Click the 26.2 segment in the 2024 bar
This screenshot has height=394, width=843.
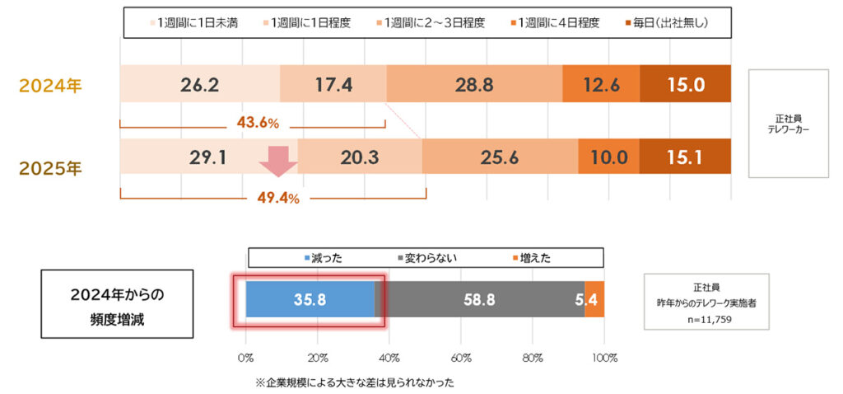click(199, 83)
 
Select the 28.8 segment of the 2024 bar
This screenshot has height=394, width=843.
click(473, 83)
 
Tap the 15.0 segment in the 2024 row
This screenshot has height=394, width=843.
click(685, 83)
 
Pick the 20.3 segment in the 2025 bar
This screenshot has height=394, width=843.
click(359, 157)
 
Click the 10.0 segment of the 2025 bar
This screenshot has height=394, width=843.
click(608, 157)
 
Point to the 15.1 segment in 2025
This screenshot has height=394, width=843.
click(685, 157)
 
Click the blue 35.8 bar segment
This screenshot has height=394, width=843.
click(310, 299)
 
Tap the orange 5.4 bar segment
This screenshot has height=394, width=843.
click(594, 299)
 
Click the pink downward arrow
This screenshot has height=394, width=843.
click(279, 162)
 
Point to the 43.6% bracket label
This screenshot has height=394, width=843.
click(257, 123)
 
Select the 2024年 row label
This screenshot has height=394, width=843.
click(51, 85)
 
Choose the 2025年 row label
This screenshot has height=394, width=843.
click(51, 168)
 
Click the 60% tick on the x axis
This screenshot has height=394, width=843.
click(460, 358)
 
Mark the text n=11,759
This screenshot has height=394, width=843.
click(706, 317)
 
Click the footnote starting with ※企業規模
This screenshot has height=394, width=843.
click(354, 382)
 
